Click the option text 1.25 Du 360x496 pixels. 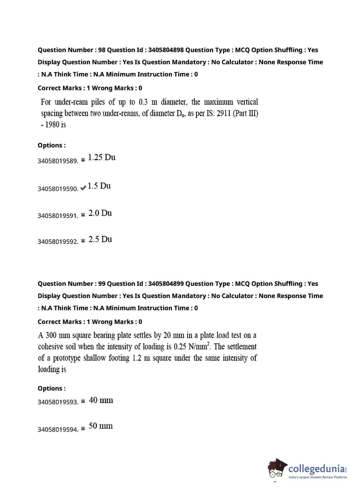102,157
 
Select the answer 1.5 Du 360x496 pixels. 99,186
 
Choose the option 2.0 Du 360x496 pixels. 100,213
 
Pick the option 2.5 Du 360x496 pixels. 100,239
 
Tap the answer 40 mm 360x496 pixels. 101,400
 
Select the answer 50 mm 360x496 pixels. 100,426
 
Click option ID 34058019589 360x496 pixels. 58,161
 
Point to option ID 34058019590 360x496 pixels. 58,189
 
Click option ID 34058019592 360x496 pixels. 58,242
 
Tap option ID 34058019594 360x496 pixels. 58,429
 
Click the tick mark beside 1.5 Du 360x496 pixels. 83,188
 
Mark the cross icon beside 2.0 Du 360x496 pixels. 83,215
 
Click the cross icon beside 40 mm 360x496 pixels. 83,401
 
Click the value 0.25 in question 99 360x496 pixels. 180,347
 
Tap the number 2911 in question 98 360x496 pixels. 224,113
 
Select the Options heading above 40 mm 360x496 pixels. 51,388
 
